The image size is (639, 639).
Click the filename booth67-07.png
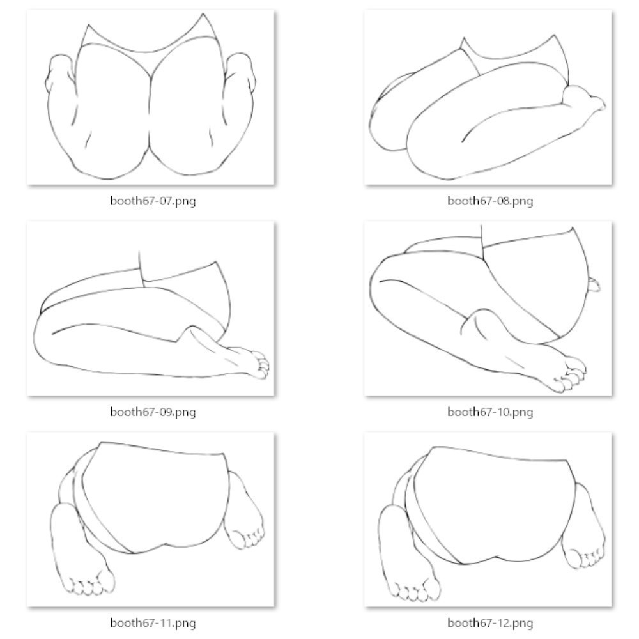coord(153,201)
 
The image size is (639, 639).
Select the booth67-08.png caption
coord(490,201)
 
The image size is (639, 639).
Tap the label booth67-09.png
coord(153,412)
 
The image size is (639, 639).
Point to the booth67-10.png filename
coord(490,412)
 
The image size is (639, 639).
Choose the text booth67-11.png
coord(153,623)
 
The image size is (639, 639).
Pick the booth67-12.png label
coord(490,623)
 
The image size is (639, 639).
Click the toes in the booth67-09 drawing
coord(259,365)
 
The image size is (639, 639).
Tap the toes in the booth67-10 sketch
coord(571,374)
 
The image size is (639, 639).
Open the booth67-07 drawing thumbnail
coord(151,97)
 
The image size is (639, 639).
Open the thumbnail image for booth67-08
coord(488,97)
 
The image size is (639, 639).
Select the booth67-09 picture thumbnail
coord(151,309)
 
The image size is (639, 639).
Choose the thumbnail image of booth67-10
coord(488,309)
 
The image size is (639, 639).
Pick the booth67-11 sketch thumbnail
coord(151,520)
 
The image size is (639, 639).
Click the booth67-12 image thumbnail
coord(488,520)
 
